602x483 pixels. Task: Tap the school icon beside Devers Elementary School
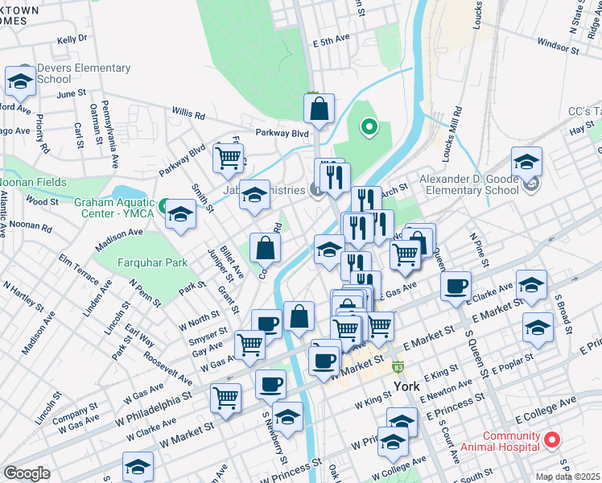[x=19, y=80]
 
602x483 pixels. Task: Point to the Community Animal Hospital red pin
[x=552, y=440]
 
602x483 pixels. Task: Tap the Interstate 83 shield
[x=398, y=366]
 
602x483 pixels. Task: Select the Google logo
[x=27, y=473]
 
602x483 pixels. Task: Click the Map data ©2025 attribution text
[x=568, y=477]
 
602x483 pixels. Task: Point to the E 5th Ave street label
[x=330, y=39]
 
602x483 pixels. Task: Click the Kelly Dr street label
[x=72, y=39]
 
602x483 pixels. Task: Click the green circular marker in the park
[x=369, y=126]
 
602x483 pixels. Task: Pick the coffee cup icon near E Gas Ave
[x=456, y=286]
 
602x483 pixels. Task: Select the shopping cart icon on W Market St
[x=226, y=396]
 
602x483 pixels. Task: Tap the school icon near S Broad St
[x=538, y=326]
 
